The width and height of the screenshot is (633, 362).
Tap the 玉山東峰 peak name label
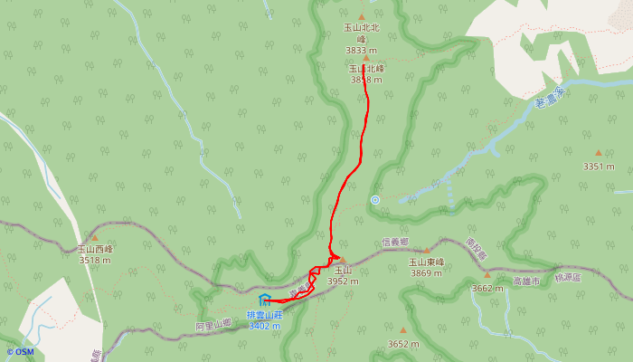pyautogui.click(x=427, y=262)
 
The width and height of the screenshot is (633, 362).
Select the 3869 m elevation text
pyautogui.click(x=427, y=272)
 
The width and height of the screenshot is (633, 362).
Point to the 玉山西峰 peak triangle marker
pyautogui.click(x=94, y=237)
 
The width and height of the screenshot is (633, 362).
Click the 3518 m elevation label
pyautogui.click(x=94, y=260)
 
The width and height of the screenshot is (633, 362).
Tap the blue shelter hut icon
pyautogui.click(x=264, y=300)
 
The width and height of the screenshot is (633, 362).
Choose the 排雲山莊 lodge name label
pyautogui.click(x=265, y=314)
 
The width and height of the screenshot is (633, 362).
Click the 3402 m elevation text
pyautogui.click(x=265, y=325)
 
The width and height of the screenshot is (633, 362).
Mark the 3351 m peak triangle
pyautogui.click(x=598, y=153)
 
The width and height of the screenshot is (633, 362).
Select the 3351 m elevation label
pyautogui.click(x=598, y=167)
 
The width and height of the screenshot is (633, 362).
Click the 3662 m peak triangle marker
pyautogui.click(x=487, y=275)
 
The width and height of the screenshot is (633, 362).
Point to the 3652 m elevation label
pyautogui.click(x=403, y=344)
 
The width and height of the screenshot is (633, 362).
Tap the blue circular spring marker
pyautogui.click(x=374, y=200)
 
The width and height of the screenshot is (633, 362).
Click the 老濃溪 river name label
pyautogui.click(x=549, y=97)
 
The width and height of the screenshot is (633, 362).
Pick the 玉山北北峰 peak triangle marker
pyautogui.click(x=362, y=16)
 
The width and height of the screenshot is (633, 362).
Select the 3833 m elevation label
pyautogui.click(x=362, y=51)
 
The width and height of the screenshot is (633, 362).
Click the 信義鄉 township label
pyautogui.click(x=395, y=242)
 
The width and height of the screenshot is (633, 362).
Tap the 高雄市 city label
pyautogui.click(x=525, y=281)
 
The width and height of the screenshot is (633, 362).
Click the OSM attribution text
pyautogui.click(x=20, y=352)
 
